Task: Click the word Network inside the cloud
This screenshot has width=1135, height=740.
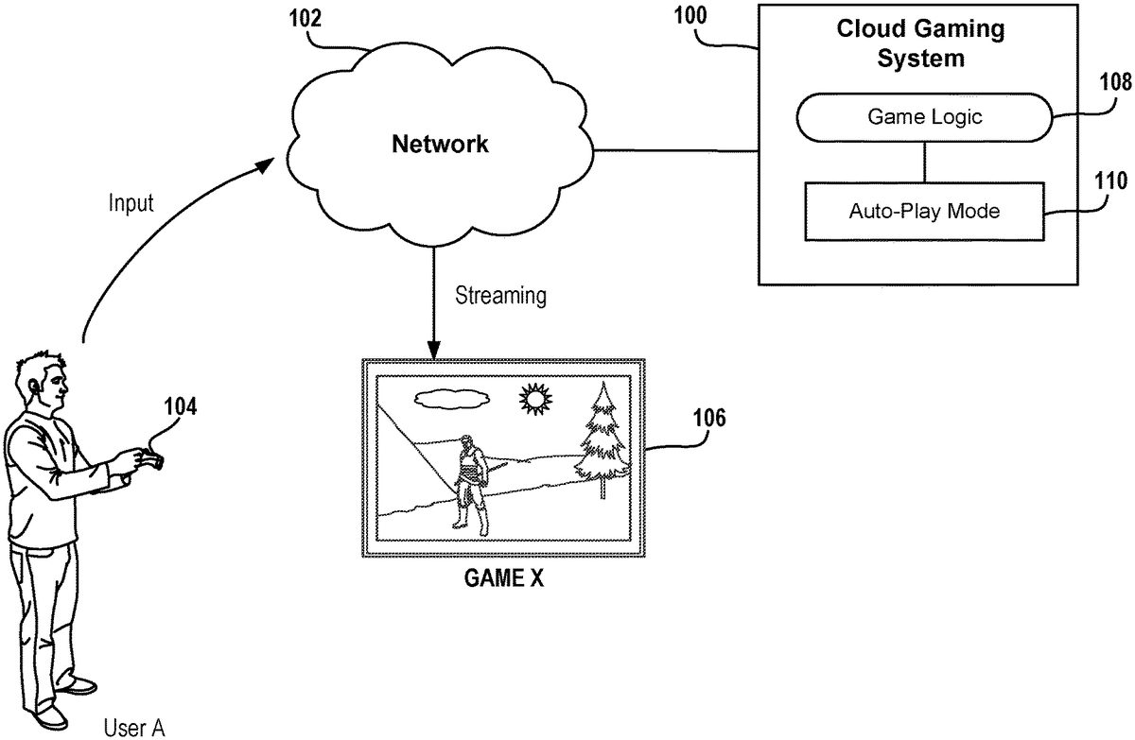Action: (x=441, y=145)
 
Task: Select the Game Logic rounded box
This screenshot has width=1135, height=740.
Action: (x=924, y=118)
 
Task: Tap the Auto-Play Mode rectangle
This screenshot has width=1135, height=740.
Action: (x=924, y=211)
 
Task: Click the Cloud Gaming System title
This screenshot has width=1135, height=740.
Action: (x=920, y=43)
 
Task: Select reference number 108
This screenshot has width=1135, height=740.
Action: (x=1114, y=82)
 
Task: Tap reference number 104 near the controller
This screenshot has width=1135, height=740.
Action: (x=180, y=407)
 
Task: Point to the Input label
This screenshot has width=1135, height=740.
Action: (x=131, y=203)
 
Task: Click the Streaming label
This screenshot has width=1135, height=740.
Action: (x=500, y=295)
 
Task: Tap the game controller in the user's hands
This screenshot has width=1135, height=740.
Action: (x=151, y=459)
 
